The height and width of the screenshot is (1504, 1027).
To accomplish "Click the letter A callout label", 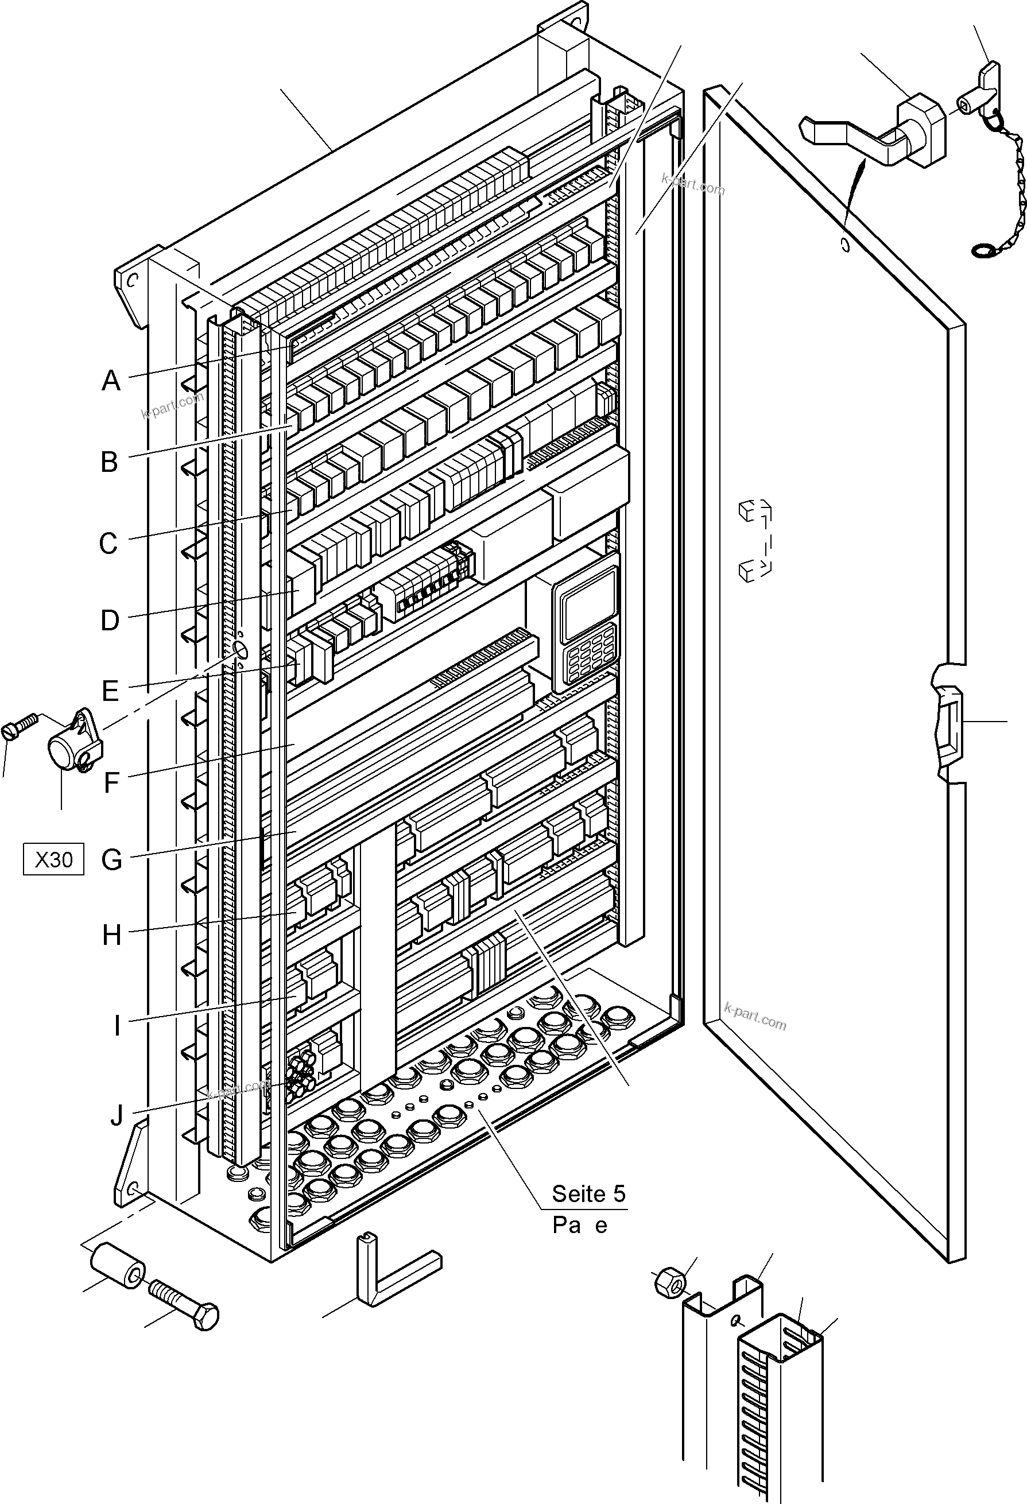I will coord(111,381).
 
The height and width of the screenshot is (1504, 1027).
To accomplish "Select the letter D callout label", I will coord(110,621).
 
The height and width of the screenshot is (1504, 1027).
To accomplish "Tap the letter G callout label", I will coord(112,860).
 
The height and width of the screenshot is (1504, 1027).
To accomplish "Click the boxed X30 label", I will coord(54,859).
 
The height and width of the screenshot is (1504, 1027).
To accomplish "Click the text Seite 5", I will coord(588,1194).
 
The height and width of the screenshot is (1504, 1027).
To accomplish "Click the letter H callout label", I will coord(112,935).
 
